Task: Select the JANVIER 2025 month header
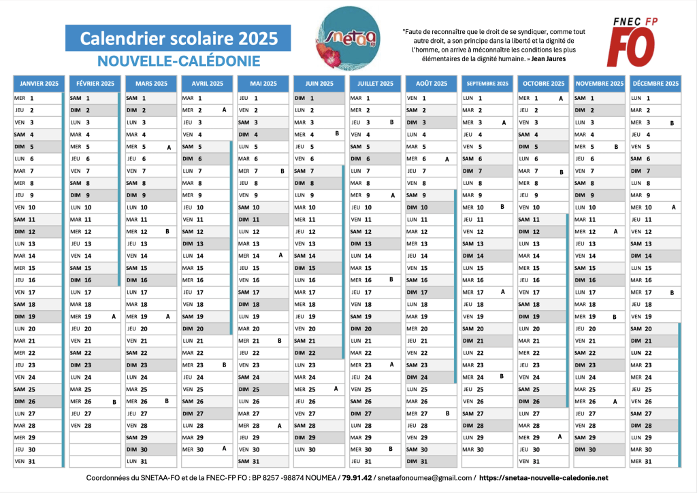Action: tap(39, 84)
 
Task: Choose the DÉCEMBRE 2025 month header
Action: tap(655, 84)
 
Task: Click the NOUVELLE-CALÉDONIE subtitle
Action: tap(178, 61)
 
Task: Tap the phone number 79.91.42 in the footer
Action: tap(357, 479)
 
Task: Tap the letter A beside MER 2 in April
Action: tap(224, 110)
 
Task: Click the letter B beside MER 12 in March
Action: tap(167, 231)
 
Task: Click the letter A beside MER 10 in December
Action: tap(673, 207)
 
